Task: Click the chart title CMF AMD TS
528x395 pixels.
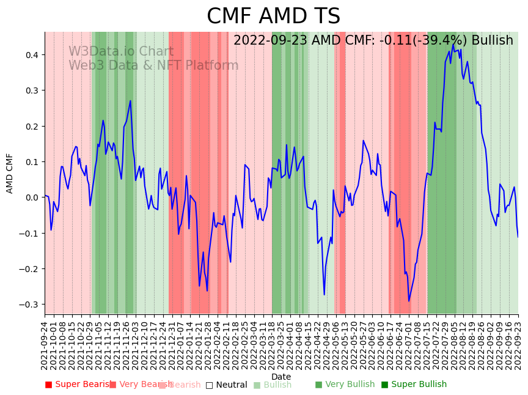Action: click(273, 17)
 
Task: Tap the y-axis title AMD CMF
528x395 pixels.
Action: click(10, 173)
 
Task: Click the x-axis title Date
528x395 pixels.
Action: click(281, 377)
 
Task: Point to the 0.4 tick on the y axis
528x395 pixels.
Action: click(31, 55)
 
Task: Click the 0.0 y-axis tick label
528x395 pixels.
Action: click(31, 197)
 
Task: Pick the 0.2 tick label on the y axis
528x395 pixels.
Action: click(31, 127)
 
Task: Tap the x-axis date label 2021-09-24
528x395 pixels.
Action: click(45, 345)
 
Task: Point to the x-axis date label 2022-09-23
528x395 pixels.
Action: click(518, 345)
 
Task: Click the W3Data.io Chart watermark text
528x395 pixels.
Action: click(121, 52)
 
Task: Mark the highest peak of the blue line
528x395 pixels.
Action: click(453, 44)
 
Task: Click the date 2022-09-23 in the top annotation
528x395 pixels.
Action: click(269, 41)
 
